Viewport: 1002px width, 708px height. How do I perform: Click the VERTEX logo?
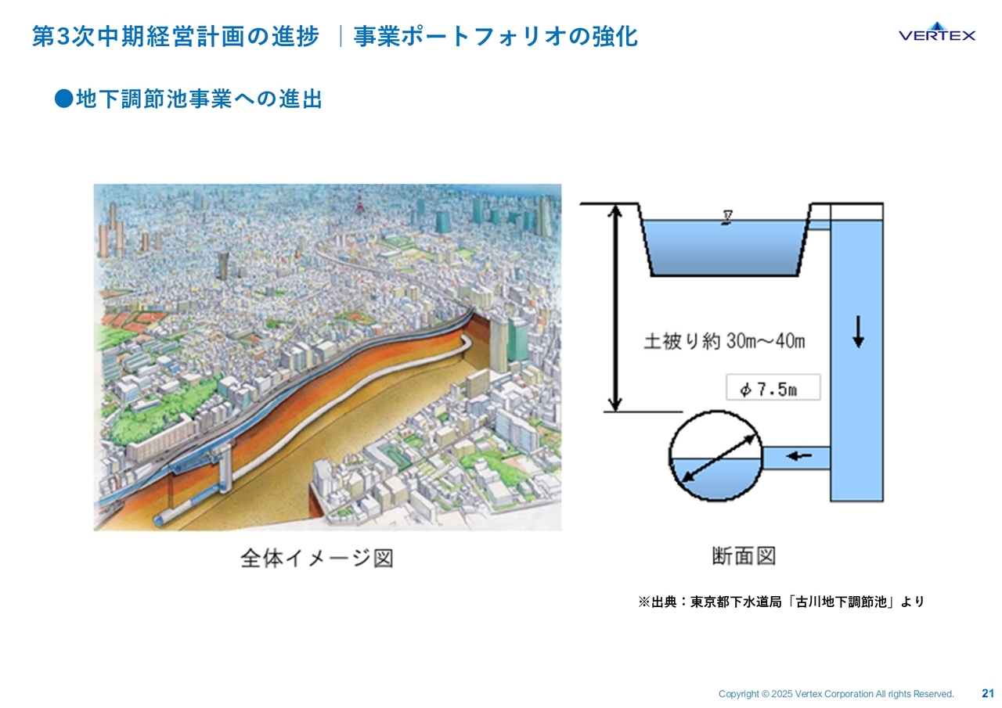click(937, 32)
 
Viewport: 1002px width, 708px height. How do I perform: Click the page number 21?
click(988, 693)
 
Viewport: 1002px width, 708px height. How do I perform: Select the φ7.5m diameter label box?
click(773, 387)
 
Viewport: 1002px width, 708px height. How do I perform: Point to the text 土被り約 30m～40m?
click(724, 341)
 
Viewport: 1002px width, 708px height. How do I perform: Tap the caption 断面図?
click(744, 556)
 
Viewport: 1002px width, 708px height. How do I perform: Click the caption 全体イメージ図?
click(317, 558)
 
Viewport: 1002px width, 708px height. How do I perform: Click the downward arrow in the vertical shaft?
click(857, 332)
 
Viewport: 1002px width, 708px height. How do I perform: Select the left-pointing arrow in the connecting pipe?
click(798, 456)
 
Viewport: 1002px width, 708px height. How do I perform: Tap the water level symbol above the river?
click(727, 217)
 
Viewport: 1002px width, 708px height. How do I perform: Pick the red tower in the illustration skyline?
click(359, 204)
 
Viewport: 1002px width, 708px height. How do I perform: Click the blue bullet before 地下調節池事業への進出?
click(63, 99)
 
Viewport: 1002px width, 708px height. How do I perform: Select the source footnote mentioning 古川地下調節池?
click(781, 602)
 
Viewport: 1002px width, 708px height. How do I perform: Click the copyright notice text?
click(836, 694)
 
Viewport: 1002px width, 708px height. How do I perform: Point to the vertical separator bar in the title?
click(341, 36)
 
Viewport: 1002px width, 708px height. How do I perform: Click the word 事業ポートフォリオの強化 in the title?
click(496, 36)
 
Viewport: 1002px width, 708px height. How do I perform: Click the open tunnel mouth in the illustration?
click(160, 519)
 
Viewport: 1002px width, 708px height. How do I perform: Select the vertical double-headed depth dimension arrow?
click(615, 307)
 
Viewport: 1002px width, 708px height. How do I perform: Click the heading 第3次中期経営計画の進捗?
click(176, 36)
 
